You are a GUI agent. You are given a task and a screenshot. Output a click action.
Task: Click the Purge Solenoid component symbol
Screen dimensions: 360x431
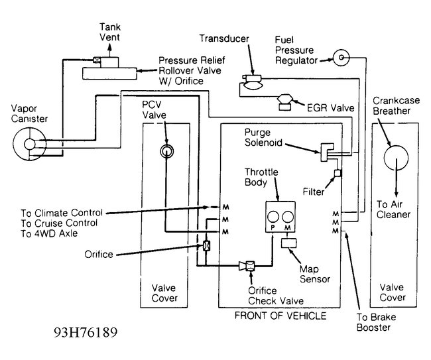[328, 150]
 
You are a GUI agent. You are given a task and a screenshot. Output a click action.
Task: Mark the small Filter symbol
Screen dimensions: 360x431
[337, 174]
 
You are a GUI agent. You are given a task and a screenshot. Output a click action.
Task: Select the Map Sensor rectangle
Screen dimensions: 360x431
[290, 243]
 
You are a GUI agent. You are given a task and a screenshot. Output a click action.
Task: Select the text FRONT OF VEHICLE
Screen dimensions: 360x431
[280, 316]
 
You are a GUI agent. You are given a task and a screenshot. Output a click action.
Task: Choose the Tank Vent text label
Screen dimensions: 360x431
[109, 31]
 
